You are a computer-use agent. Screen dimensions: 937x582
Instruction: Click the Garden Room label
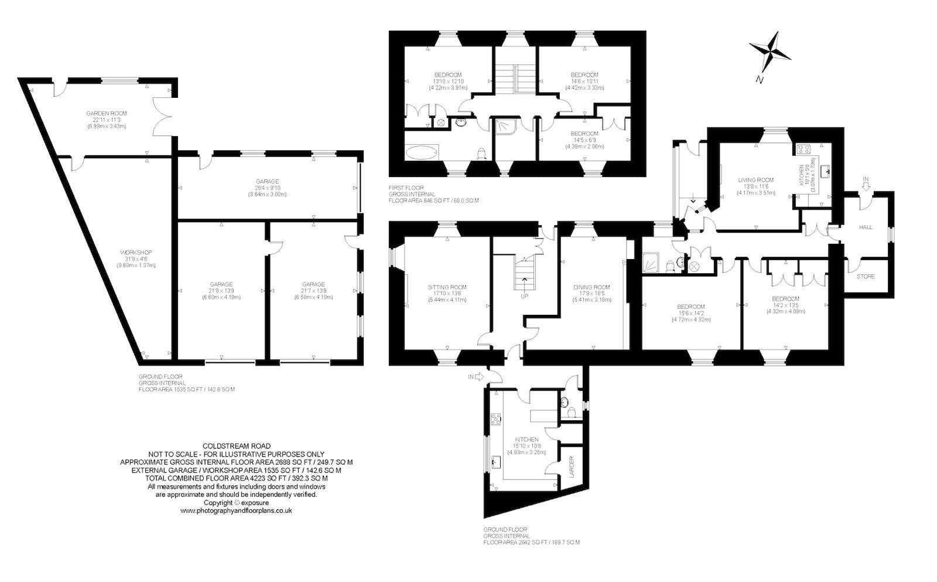[x=106, y=114]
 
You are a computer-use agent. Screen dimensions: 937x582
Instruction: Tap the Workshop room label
[x=136, y=253]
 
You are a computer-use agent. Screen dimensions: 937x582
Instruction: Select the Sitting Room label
[x=447, y=287]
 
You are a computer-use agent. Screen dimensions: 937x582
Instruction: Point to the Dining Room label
[x=591, y=287]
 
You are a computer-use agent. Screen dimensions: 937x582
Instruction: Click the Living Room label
[x=756, y=180]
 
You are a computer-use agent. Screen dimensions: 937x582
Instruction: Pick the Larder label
[x=572, y=467]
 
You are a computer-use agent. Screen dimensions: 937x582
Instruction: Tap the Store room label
[x=866, y=277]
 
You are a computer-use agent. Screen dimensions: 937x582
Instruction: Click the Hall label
[x=866, y=227]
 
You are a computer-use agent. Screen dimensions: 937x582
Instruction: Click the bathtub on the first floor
[x=422, y=152]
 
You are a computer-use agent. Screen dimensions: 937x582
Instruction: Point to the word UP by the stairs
[x=525, y=296]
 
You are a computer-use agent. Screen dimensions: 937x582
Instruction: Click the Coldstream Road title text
[x=237, y=447]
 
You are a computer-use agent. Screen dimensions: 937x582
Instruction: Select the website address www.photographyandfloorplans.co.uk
[x=237, y=511]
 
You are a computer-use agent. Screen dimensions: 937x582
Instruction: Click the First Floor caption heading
[x=406, y=188]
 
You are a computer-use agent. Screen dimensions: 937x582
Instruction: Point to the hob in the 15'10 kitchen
[x=496, y=419]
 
